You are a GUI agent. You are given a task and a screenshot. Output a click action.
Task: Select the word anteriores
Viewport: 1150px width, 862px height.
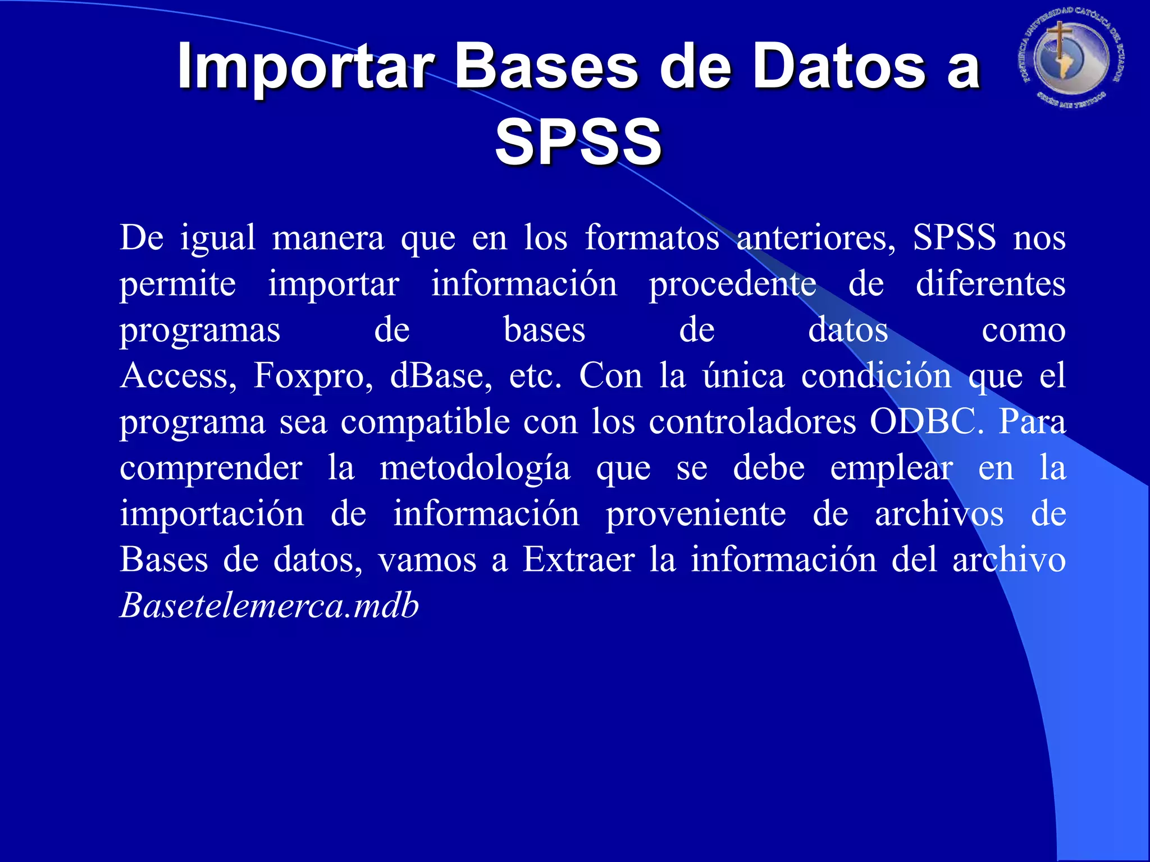[816, 237]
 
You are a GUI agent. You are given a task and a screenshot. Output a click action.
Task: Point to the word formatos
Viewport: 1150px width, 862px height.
[652, 237]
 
